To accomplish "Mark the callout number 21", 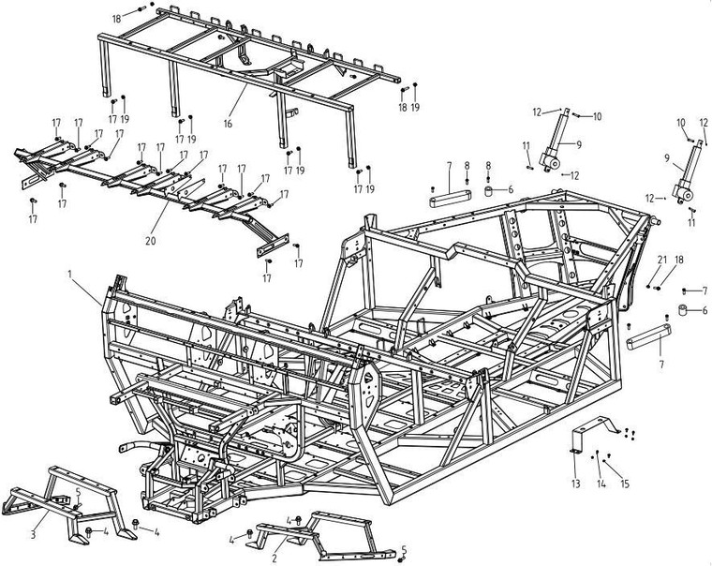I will [x=661, y=260].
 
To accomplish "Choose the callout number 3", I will [x=33, y=534].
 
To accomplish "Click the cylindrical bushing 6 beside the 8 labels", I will [x=489, y=191].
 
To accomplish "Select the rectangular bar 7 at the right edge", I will [x=646, y=335].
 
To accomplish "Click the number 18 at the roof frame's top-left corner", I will [x=116, y=19].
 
